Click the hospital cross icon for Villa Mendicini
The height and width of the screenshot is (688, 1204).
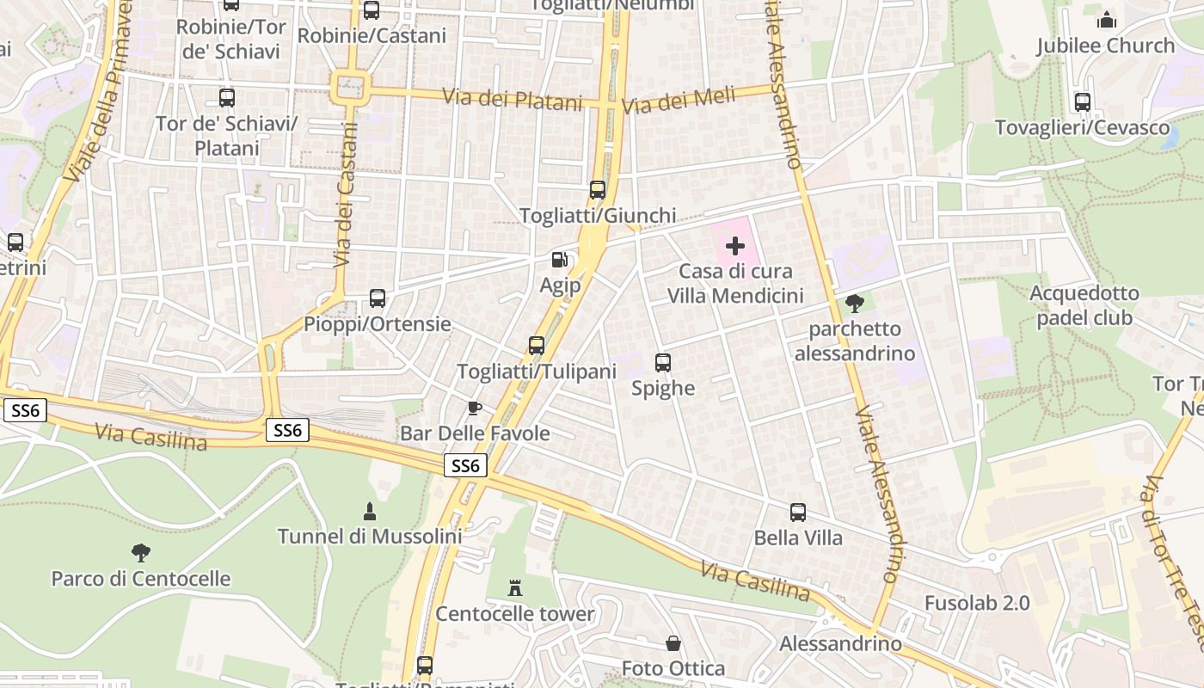(735, 247)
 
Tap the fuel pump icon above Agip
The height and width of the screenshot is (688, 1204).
(559, 259)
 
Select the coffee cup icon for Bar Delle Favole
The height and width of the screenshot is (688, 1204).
(474, 408)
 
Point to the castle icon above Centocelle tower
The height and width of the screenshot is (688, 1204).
(515, 588)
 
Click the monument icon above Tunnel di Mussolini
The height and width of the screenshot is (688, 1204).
(370, 512)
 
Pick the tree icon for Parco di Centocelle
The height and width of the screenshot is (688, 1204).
(141, 553)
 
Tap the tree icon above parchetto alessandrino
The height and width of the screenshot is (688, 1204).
(854, 303)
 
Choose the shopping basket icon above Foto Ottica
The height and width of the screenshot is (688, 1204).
(673, 643)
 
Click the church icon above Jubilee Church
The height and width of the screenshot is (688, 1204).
(1106, 19)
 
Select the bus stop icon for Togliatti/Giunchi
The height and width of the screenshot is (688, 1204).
(598, 190)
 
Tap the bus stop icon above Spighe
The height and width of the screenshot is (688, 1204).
(663, 363)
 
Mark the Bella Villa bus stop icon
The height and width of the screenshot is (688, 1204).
(798, 513)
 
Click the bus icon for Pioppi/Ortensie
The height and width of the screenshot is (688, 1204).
(378, 298)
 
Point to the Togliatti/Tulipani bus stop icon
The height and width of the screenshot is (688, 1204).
(537, 346)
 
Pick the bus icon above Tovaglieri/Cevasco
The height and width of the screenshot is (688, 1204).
(1083, 102)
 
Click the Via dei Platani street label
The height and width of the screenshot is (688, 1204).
(513, 99)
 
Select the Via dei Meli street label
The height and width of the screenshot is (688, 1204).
(679, 101)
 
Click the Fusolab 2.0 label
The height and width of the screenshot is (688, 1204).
(977, 603)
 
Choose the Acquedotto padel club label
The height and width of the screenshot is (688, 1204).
(1084, 305)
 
